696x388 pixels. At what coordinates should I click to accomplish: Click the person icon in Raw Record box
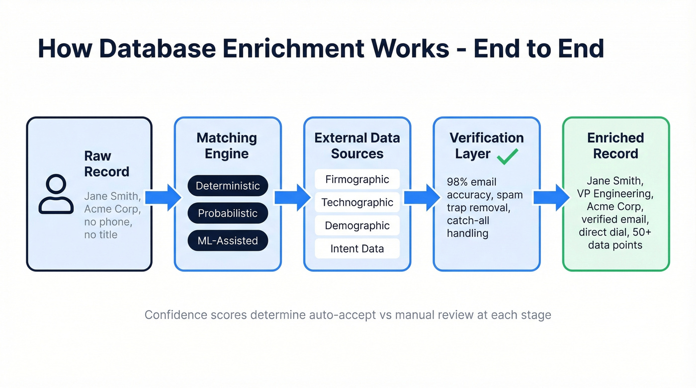pyautogui.click(x=56, y=194)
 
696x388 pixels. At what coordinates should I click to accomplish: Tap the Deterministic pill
pyautogui.click(x=228, y=186)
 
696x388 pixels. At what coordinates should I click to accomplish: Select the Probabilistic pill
pyautogui.click(x=228, y=213)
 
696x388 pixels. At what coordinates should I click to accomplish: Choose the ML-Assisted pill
pyautogui.click(x=228, y=240)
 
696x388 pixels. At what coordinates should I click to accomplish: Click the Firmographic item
pyautogui.click(x=357, y=179)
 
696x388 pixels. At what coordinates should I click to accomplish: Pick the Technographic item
pyautogui.click(x=357, y=202)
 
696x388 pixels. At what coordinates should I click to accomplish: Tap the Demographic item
pyautogui.click(x=357, y=226)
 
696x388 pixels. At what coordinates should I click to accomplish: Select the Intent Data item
pyautogui.click(x=357, y=248)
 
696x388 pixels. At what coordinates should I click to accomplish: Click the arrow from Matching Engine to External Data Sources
pyautogui.click(x=293, y=197)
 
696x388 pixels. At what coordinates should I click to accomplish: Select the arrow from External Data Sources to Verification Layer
pyautogui.click(x=422, y=197)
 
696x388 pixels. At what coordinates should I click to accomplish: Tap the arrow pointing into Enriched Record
pyautogui.click(x=551, y=197)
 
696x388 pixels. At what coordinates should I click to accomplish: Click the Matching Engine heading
pyautogui.click(x=227, y=146)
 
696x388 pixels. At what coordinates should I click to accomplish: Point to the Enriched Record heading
pyautogui.click(x=615, y=146)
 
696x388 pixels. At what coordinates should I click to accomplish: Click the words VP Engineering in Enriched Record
pyautogui.click(x=615, y=193)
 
